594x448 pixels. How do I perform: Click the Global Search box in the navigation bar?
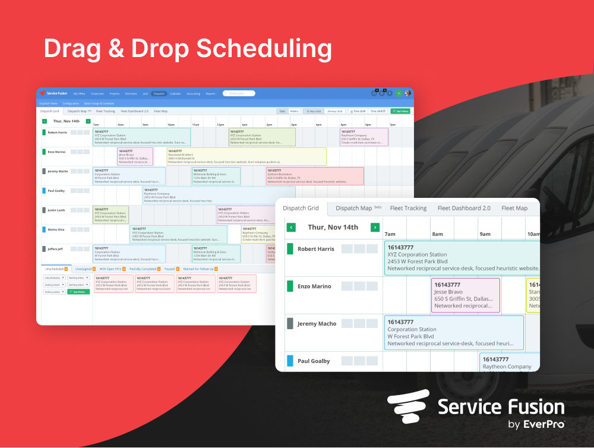[239, 93]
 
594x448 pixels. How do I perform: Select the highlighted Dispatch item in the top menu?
[159, 93]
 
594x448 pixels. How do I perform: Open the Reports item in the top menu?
[210, 93]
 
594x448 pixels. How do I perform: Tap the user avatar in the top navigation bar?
[407, 93]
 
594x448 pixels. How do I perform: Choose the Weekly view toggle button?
[294, 111]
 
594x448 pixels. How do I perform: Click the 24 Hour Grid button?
[335, 111]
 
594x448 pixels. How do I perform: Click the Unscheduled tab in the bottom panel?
[54, 269]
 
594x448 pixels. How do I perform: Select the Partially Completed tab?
[143, 269]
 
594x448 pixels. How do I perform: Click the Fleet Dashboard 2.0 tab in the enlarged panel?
[464, 208]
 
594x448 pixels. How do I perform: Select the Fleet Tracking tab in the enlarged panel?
[408, 208]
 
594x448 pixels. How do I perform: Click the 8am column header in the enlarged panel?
[437, 234]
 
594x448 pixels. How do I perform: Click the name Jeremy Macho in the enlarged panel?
[317, 324]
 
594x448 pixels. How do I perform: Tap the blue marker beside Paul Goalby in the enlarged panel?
[290, 361]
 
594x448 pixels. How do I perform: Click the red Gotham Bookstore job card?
[314, 176]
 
